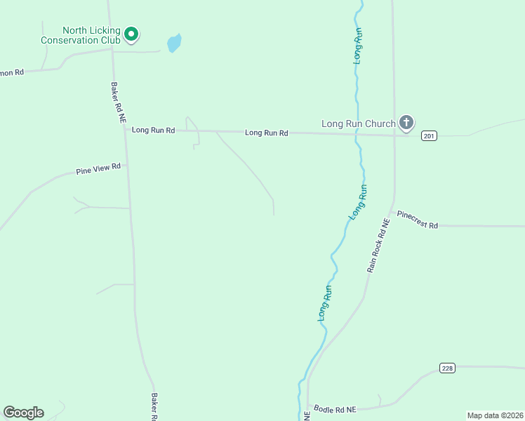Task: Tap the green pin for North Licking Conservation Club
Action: click(131, 34)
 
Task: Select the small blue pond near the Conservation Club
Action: click(174, 44)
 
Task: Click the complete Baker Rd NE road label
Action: click(117, 103)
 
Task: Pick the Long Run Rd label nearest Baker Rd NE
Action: click(153, 130)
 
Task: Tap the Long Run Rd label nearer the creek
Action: click(267, 133)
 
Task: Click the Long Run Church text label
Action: click(358, 124)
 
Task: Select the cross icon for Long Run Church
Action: click(406, 123)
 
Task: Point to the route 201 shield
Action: click(429, 135)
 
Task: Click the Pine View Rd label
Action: click(98, 169)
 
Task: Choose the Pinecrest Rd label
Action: click(417, 220)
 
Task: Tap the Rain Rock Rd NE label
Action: click(377, 246)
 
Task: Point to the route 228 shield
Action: click(447, 368)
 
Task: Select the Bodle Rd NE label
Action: click(335, 409)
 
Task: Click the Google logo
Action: click(23, 413)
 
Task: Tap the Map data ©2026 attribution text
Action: click(495, 415)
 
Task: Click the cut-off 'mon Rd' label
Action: click(12, 72)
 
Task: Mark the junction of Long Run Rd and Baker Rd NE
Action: click(126, 130)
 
